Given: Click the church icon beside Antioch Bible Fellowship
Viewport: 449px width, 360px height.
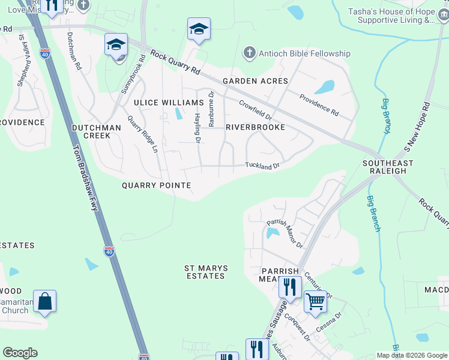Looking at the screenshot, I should click(249, 53).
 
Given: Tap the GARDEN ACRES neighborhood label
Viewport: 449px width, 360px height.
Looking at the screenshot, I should click(255, 81).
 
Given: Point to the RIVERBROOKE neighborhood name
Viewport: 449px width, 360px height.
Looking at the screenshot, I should click(255, 127).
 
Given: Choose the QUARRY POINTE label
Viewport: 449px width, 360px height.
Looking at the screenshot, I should click(156, 185).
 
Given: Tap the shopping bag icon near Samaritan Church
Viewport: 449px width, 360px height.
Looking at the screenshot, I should click(45, 301).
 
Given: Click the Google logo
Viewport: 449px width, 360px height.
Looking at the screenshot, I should click(20, 353).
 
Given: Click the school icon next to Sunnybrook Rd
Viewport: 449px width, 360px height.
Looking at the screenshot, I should click(116, 44).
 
